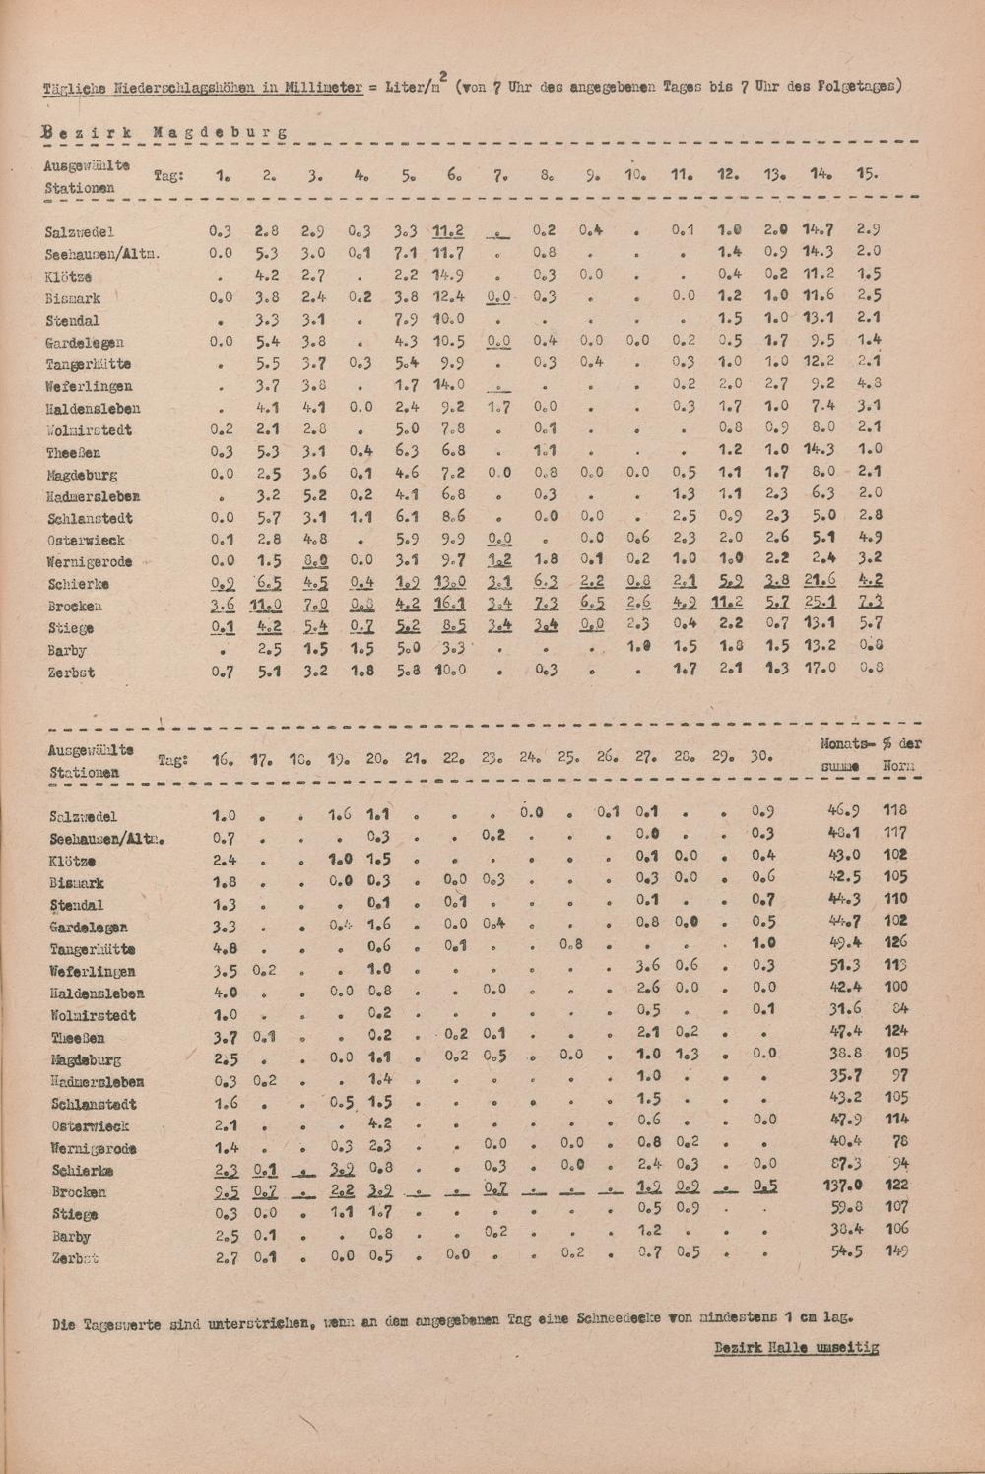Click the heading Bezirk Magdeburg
165,131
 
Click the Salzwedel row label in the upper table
80,232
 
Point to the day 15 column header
868,174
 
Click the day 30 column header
761,759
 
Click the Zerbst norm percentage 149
895,1251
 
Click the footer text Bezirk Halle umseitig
797,1348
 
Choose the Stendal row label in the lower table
76,906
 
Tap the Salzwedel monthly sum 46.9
844,811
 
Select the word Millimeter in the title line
321,87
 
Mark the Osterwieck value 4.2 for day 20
380,1122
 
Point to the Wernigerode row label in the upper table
90,562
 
